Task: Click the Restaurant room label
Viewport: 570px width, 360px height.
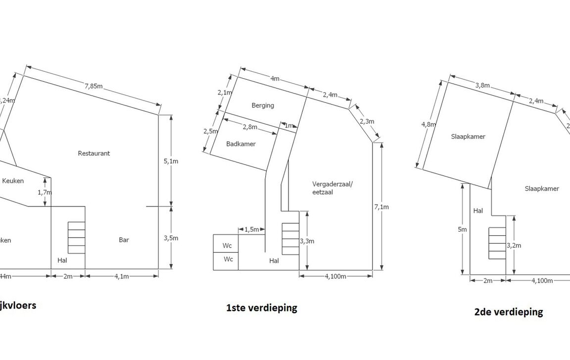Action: (94, 154)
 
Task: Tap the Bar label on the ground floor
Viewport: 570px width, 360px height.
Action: (124, 240)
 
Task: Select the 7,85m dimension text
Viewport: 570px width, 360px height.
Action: (93, 86)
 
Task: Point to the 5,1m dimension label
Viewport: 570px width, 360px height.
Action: (171, 160)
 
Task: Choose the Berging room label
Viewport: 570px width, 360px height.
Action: (262, 105)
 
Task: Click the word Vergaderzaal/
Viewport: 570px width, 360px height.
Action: (333, 184)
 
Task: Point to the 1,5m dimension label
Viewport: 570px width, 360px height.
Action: (252, 229)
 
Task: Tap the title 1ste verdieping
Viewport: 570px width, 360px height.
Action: (262, 308)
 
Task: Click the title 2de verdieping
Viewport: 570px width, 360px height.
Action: (508, 312)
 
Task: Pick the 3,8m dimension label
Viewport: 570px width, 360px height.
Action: (482, 86)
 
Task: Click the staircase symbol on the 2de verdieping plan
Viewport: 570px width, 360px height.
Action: (497, 243)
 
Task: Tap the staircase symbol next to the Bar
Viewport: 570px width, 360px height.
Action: (76, 238)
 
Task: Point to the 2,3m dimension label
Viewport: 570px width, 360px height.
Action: (367, 122)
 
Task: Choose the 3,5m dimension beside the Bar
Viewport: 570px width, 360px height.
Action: (171, 238)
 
